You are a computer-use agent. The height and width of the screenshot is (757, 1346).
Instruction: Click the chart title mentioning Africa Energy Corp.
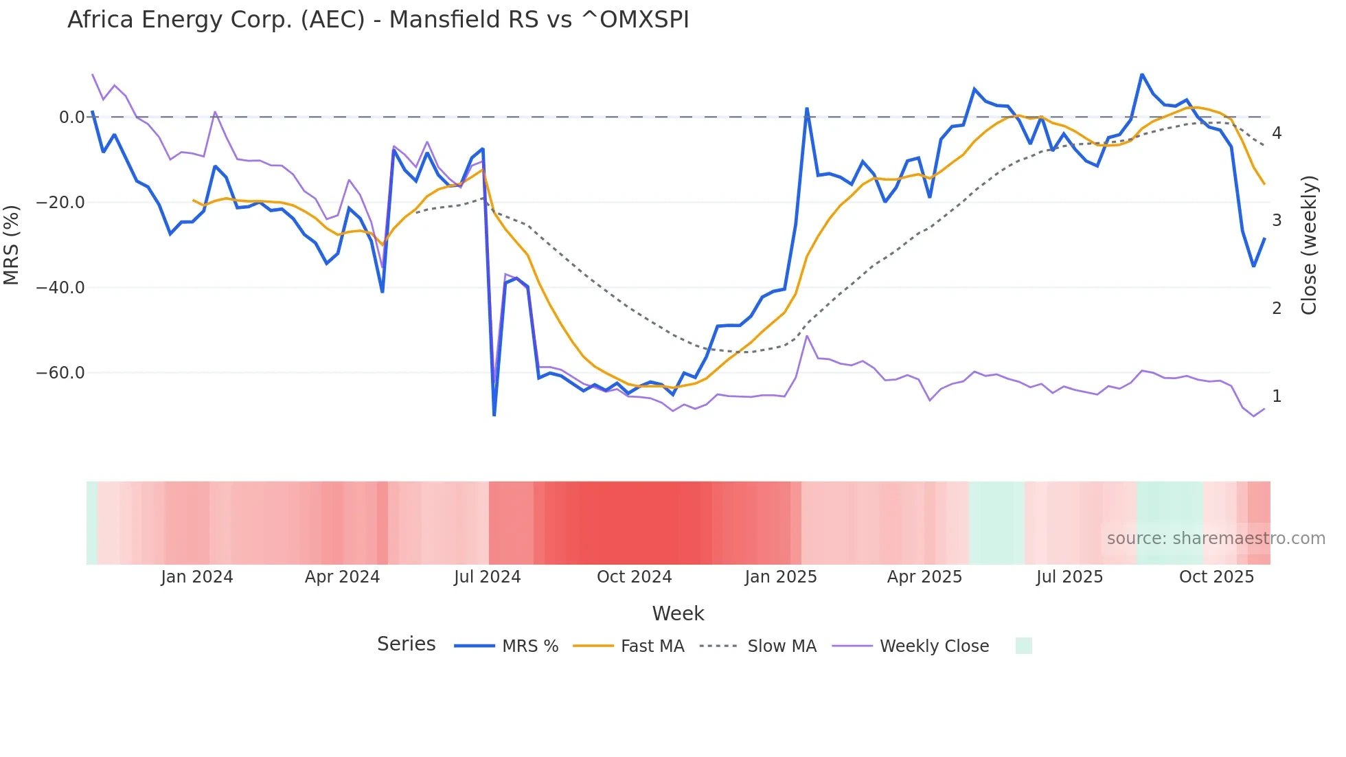(x=378, y=20)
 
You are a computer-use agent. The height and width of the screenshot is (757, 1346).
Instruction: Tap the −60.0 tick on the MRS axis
(x=60, y=373)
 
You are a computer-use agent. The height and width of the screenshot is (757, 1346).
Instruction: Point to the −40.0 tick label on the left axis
(x=60, y=288)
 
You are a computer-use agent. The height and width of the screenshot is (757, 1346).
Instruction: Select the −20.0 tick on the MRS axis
(x=60, y=203)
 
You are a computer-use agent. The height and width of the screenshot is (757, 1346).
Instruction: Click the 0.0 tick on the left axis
(x=71, y=117)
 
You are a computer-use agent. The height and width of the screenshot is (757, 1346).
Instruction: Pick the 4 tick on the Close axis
(x=1277, y=133)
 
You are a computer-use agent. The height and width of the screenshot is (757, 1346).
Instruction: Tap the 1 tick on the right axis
(x=1277, y=396)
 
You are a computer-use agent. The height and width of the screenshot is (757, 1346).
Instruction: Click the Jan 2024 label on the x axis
(x=197, y=577)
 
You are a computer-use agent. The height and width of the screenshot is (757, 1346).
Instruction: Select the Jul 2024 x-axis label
(x=488, y=577)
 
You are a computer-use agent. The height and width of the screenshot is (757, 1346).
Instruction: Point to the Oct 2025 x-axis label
(x=1216, y=577)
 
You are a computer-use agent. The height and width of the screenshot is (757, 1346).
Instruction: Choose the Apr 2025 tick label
(x=924, y=577)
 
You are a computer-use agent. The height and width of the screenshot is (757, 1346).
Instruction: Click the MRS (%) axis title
(x=12, y=245)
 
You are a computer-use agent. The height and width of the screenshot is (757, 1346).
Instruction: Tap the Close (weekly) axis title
(x=1309, y=245)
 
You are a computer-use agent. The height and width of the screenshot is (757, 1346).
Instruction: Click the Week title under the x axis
(x=678, y=613)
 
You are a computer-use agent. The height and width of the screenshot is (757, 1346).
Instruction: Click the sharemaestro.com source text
(x=1216, y=539)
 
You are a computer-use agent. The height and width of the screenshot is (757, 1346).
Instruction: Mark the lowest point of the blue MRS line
(x=494, y=415)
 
